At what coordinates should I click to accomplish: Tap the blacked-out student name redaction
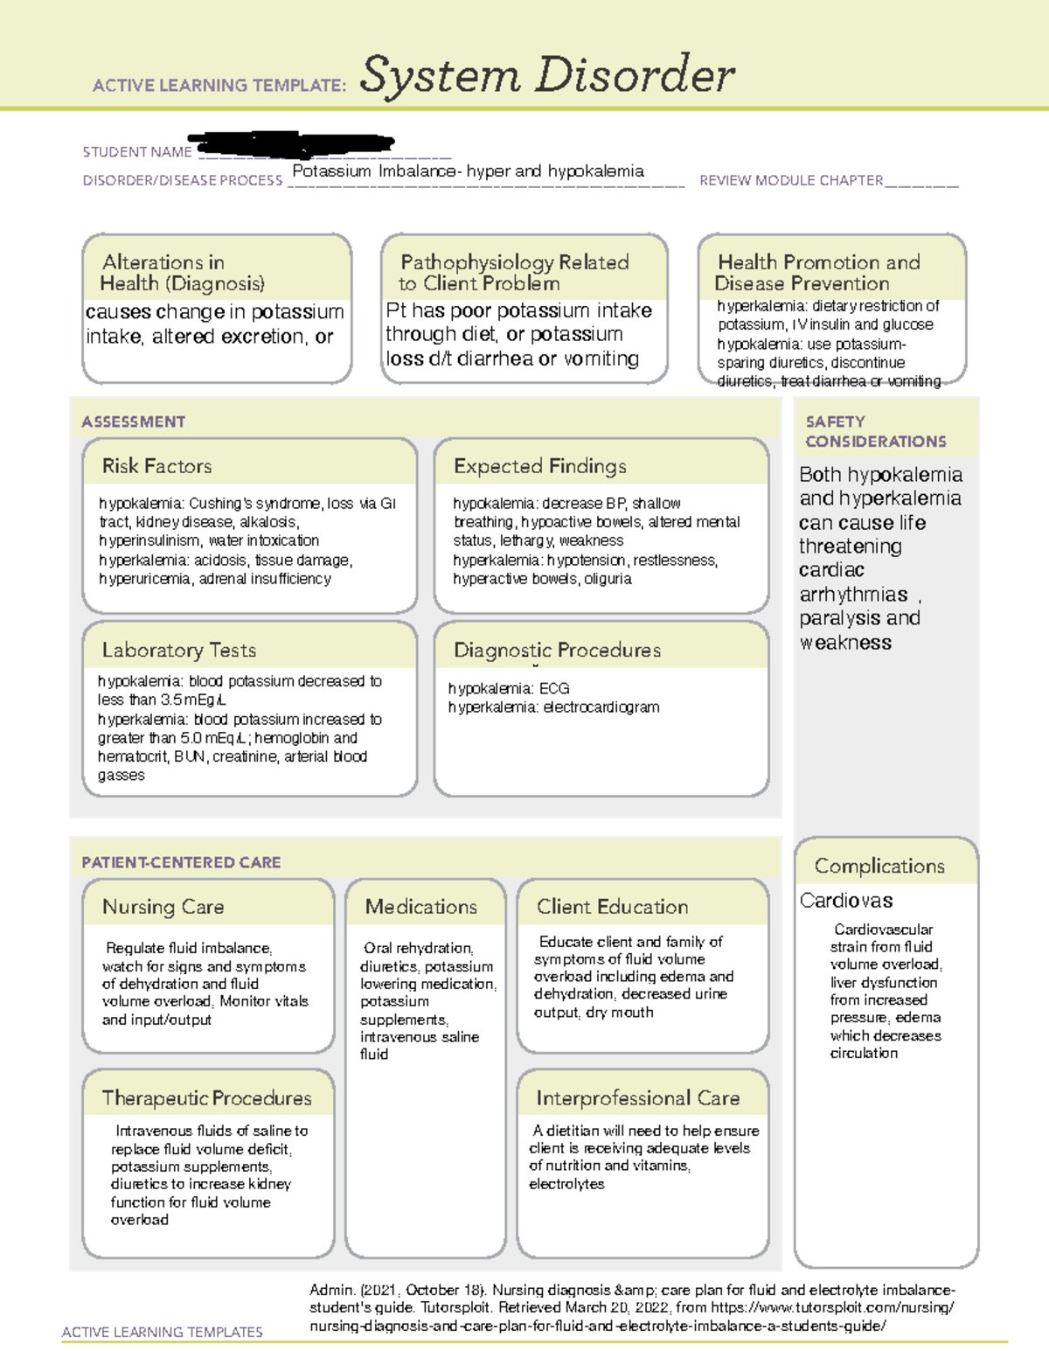pyautogui.click(x=293, y=143)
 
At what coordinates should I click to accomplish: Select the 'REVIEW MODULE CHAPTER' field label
pyautogui.click(x=791, y=181)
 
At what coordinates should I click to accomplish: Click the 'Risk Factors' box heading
pyautogui.click(x=156, y=466)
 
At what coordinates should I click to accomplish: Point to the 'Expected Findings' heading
pyautogui.click(x=539, y=466)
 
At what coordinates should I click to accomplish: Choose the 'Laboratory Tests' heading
pyautogui.click(x=178, y=650)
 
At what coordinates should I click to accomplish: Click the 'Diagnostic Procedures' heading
pyautogui.click(x=557, y=650)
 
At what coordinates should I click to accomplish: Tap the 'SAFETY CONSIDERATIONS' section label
pyautogui.click(x=875, y=432)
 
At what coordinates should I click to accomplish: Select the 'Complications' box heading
pyautogui.click(x=879, y=866)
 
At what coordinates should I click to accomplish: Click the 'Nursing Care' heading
pyautogui.click(x=163, y=907)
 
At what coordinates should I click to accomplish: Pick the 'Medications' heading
pyautogui.click(x=420, y=907)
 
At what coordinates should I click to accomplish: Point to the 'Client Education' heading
pyautogui.click(x=612, y=907)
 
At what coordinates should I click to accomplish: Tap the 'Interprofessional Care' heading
pyautogui.click(x=637, y=1097)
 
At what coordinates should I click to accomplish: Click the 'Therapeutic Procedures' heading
pyautogui.click(x=206, y=1097)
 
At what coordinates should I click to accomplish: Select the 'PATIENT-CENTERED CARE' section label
pyautogui.click(x=181, y=862)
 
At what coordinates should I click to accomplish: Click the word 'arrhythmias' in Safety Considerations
pyautogui.click(x=853, y=595)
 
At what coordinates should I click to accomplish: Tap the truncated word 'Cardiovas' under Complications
pyautogui.click(x=845, y=901)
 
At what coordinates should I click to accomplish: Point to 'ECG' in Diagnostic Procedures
pyautogui.click(x=554, y=688)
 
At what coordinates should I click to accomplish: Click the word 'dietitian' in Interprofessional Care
pyautogui.click(x=573, y=1131)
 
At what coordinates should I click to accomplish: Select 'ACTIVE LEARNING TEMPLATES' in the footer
pyautogui.click(x=162, y=1332)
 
